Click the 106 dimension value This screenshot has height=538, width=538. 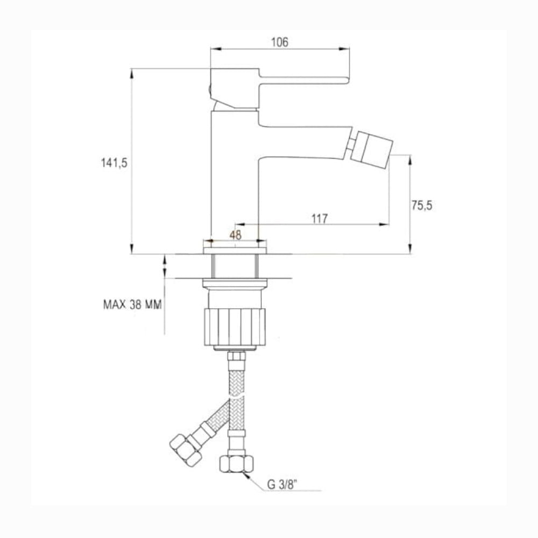point(280,42)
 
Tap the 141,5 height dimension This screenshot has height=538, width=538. point(114,162)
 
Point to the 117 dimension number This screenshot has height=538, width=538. point(320,218)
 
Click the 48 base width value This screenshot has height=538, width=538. point(236,235)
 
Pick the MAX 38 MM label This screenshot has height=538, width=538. point(132,305)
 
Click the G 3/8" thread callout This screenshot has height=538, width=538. point(282,485)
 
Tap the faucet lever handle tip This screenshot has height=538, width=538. point(347,80)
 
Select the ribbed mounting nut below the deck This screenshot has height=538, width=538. point(235,327)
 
